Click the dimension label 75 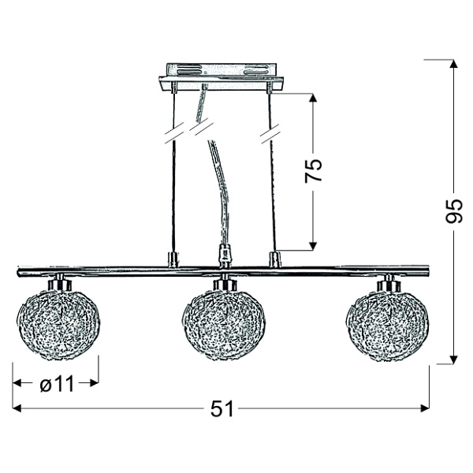[x=314, y=169]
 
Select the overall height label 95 [x=454, y=210]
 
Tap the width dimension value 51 [x=222, y=409]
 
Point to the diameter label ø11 [x=57, y=384]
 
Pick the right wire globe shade [x=388, y=324]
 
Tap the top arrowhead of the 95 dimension [x=454, y=64]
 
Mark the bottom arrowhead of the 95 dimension [x=454, y=359]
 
